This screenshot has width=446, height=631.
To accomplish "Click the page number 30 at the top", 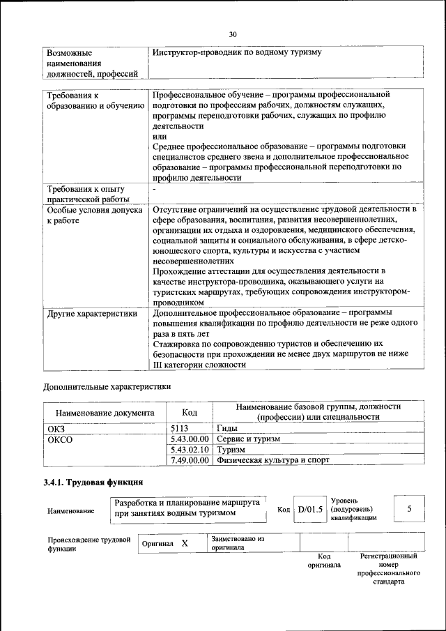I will point(233,33).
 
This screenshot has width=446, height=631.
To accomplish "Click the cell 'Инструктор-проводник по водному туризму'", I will point(237,52).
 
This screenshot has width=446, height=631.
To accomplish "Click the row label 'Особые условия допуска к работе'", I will point(94,215).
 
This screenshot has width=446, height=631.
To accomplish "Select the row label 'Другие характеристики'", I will point(91,314).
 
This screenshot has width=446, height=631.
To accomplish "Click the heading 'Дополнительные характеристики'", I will point(107,386).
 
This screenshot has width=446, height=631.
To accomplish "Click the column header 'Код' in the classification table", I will point(189,412).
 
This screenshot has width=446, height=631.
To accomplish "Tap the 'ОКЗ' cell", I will point(55,428).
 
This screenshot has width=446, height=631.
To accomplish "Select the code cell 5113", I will point(180,428).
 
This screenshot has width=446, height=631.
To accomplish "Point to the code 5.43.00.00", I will point(190,439).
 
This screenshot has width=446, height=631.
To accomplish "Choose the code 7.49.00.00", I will point(190,460).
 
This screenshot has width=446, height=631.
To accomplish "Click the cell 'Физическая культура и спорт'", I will point(273,460).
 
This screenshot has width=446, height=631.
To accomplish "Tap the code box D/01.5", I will point(310,509).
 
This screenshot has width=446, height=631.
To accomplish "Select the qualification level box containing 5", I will point(409,509).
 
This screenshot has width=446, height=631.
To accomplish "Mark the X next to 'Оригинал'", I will point(185,542).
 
